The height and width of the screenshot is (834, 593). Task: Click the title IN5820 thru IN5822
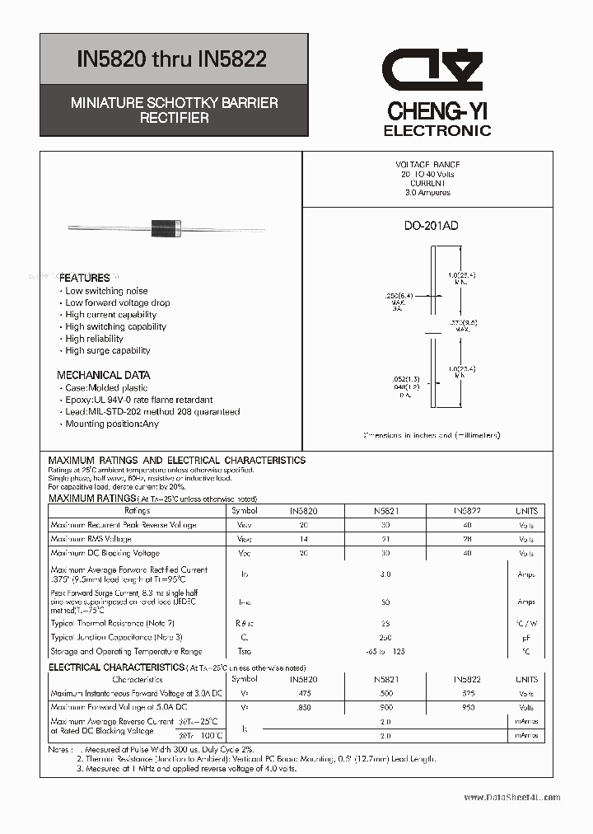[171, 60]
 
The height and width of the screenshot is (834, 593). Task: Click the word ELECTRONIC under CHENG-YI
[437, 130]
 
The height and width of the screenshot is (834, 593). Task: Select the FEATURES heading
[84, 278]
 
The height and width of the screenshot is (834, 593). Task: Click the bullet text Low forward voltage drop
[118, 302]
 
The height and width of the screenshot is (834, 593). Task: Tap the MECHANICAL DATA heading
[103, 375]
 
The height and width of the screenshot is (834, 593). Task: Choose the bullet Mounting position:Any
[112, 424]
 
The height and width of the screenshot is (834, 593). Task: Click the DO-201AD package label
[432, 226]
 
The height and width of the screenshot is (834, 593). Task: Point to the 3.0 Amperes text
[427, 192]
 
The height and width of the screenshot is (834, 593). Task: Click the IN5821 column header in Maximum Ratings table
[385, 511]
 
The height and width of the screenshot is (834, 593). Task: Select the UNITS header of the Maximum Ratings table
[526, 511]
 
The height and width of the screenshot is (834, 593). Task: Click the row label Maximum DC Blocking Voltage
[105, 553]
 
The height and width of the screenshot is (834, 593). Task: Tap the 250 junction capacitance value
[385, 637]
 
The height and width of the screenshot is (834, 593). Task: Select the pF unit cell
[526, 637]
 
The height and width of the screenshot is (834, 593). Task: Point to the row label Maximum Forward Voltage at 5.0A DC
[119, 707]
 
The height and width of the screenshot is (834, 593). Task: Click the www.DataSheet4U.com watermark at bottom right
[511, 797]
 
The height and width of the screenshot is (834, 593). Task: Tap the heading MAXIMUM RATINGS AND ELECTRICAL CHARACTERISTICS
[177, 460]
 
